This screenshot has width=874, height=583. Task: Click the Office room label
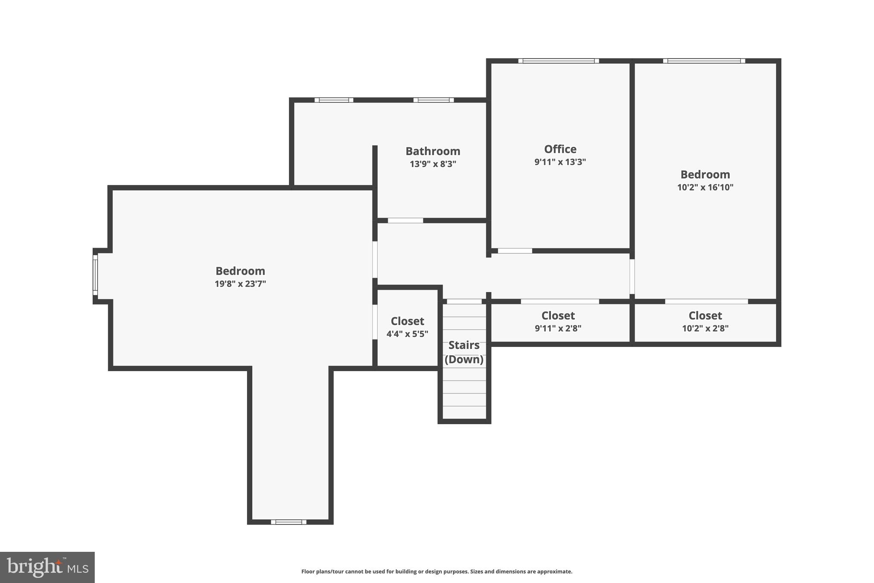click(x=560, y=149)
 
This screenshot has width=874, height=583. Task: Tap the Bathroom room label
click(x=433, y=151)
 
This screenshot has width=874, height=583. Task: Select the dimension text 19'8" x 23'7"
click(x=240, y=284)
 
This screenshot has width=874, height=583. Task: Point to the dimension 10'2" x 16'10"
click(x=705, y=187)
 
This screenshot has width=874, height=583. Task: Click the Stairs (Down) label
click(x=464, y=352)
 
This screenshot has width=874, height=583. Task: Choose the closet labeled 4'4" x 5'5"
click(x=407, y=327)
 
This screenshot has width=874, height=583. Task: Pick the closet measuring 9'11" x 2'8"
click(x=558, y=321)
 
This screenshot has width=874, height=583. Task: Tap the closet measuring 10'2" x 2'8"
click(x=705, y=321)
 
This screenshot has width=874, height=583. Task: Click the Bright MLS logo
click(x=47, y=567)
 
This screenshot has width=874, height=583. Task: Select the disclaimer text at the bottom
click(x=437, y=571)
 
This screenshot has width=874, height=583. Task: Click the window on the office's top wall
click(x=558, y=61)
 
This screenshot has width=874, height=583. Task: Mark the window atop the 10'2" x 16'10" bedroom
click(x=704, y=61)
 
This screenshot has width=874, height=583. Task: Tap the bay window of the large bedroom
click(x=95, y=275)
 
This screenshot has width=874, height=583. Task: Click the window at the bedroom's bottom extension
click(x=288, y=522)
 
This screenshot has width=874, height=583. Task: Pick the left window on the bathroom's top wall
click(x=334, y=100)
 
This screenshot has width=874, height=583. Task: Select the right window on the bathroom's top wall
click(x=433, y=100)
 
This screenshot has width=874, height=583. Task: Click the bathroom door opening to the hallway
click(x=405, y=221)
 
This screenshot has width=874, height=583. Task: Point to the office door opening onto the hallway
click(x=515, y=251)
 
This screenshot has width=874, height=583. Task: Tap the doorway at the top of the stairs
click(x=464, y=302)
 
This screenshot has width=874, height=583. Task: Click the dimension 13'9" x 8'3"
click(x=433, y=164)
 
